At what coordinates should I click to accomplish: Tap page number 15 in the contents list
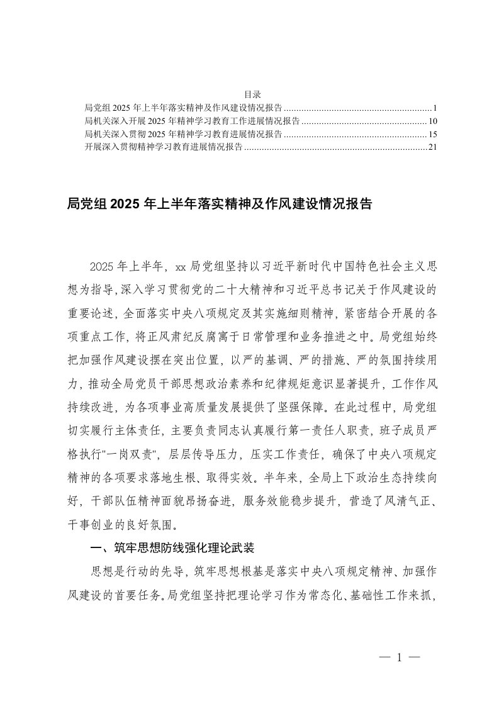tap(432, 134)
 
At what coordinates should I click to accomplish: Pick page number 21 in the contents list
tap(432, 147)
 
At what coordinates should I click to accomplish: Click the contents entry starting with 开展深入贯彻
tap(163, 147)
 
